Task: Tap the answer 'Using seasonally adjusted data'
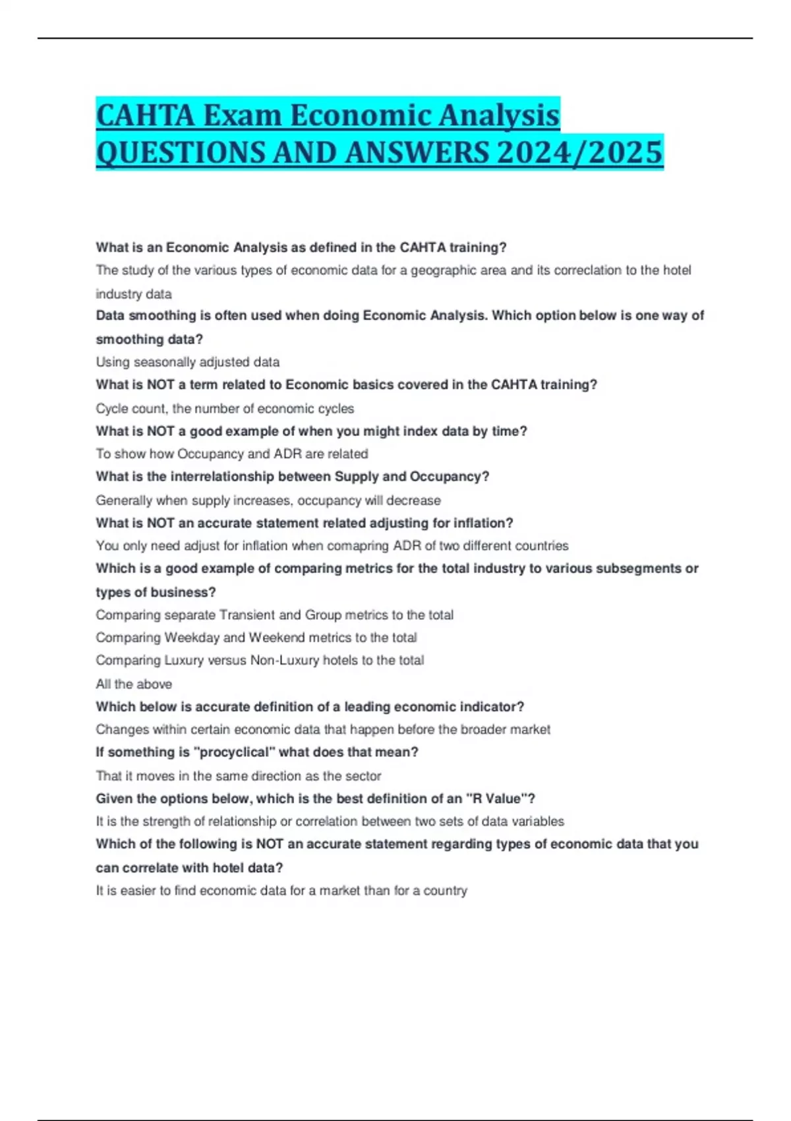click(x=187, y=362)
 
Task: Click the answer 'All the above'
click(x=134, y=684)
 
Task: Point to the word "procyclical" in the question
click(x=234, y=752)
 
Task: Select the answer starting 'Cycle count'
click(x=224, y=408)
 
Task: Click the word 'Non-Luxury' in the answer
click(x=285, y=660)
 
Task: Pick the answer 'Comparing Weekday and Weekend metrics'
click(x=256, y=638)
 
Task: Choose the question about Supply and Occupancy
click(x=292, y=477)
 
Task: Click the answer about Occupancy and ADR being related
click(x=231, y=454)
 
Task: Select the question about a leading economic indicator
click(x=309, y=707)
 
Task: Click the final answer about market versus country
click(x=281, y=891)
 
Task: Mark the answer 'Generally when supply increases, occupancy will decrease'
click(x=268, y=500)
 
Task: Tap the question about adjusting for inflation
click(x=304, y=523)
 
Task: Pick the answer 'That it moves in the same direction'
click(x=238, y=776)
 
